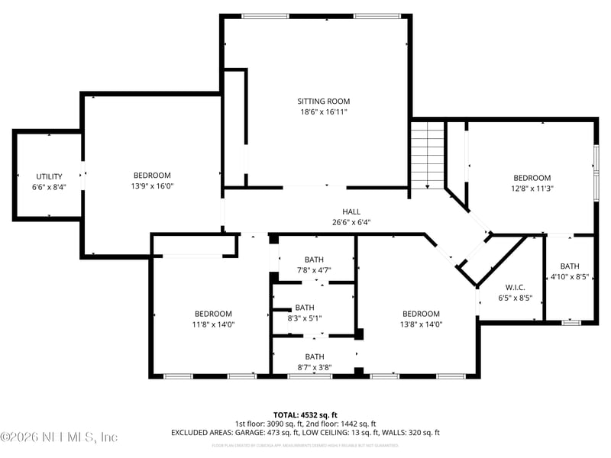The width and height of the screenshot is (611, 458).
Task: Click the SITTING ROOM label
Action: pyautogui.click(x=323, y=101)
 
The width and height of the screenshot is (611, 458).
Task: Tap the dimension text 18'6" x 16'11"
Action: pyautogui.click(x=323, y=111)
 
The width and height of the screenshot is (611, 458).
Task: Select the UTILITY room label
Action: pyautogui.click(x=49, y=176)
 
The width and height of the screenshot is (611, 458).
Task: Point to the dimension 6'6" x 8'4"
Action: pyautogui.click(x=49, y=187)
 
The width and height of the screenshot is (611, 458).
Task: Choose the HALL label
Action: pyautogui.click(x=351, y=211)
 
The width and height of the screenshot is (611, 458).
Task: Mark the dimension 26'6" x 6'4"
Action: pyautogui.click(x=351, y=223)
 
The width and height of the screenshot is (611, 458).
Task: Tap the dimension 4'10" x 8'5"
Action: pyautogui.click(x=570, y=277)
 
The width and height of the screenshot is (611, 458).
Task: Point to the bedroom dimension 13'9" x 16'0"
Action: pyautogui.click(x=152, y=185)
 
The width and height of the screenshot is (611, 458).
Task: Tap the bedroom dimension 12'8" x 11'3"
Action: pyautogui.click(x=532, y=189)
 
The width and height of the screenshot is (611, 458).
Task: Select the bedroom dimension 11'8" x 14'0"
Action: pyautogui.click(x=212, y=324)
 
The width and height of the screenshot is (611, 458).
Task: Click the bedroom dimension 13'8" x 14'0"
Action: pyautogui.click(x=421, y=324)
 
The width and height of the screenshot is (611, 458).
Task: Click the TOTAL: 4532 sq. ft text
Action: pyautogui.click(x=305, y=414)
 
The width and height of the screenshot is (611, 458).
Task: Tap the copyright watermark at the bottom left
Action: pyautogui.click(x=60, y=437)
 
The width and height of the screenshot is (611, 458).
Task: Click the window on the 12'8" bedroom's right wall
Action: pyautogui.click(x=596, y=172)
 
